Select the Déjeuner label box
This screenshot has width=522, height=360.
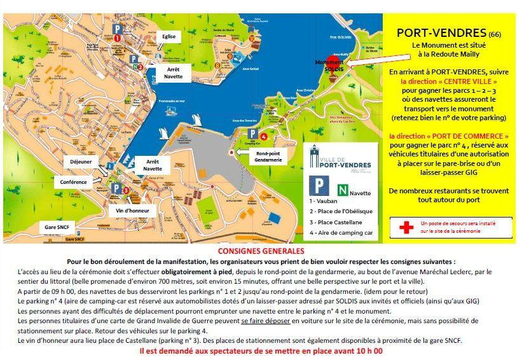pyautogui.click(x=81, y=162)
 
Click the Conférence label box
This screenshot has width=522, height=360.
pyautogui.click(x=73, y=181)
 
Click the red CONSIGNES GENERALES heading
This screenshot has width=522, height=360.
pyautogui.click(x=261, y=251)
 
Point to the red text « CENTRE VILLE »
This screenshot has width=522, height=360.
pyautogui.click(x=448, y=82)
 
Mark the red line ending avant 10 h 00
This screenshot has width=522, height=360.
pyautogui.click(x=261, y=350)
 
